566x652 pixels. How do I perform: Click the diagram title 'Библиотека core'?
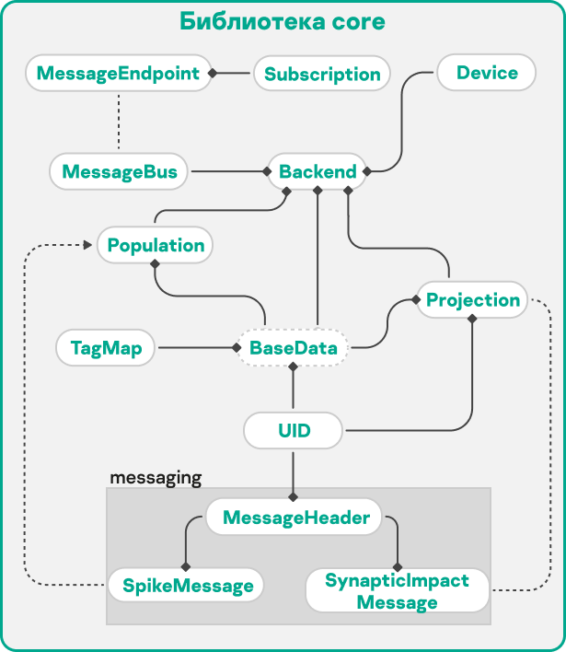[283, 21]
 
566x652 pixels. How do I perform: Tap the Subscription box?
[322, 74]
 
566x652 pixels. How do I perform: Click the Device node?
[487, 73]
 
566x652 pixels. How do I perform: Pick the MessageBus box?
[119, 171]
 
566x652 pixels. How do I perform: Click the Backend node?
[318, 171]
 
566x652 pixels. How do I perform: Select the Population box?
[156, 245]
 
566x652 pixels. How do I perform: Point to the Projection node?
[473, 299]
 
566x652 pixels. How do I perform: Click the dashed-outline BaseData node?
[294, 348]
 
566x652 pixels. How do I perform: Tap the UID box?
[294, 429]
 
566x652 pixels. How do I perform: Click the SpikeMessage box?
[185, 586]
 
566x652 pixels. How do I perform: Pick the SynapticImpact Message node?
[398, 591]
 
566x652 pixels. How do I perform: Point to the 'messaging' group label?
[156, 478]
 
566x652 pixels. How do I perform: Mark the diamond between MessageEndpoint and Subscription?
[212, 73]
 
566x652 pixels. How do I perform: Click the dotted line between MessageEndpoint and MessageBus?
[119, 122]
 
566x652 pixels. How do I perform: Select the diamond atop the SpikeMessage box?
[185, 565]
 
